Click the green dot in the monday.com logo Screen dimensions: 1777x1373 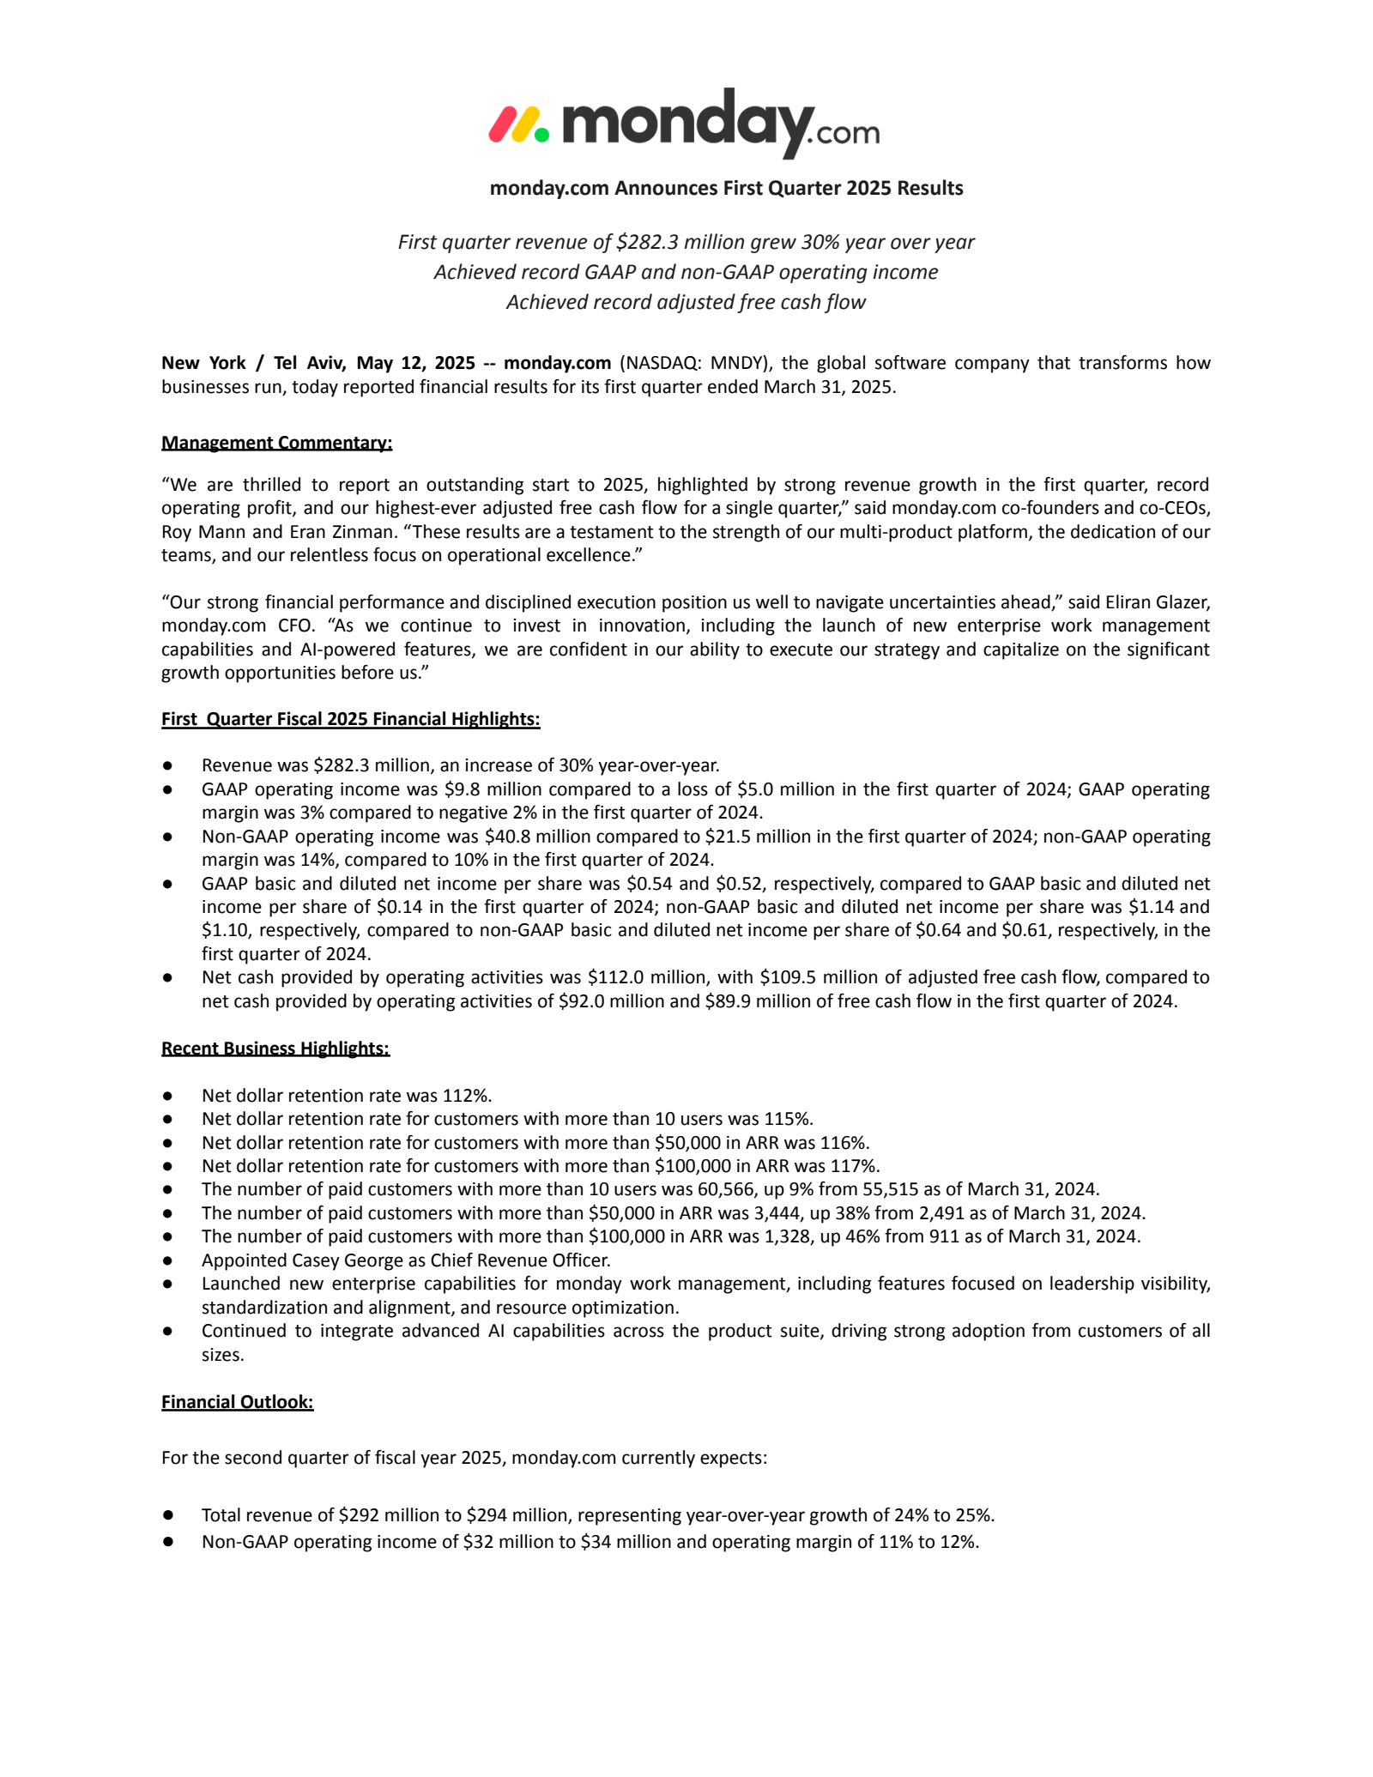pos(541,134)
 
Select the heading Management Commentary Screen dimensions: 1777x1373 pos(276,443)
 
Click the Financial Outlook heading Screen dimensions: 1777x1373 pos(237,1401)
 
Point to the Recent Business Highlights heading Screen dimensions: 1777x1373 pos(275,1048)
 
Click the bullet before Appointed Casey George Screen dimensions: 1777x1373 pos(168,1260)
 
